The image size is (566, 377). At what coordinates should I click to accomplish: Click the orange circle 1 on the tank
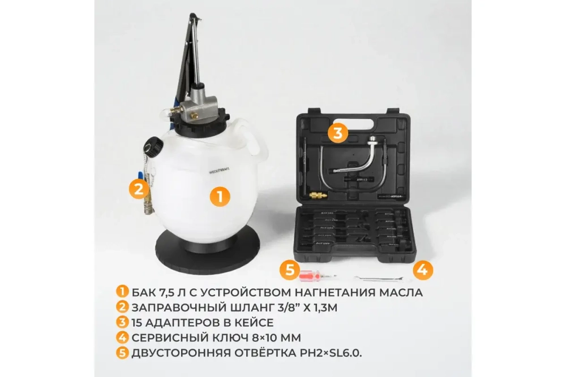220,197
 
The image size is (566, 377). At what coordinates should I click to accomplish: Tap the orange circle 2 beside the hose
138,188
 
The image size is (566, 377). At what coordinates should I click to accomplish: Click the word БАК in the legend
144,292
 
